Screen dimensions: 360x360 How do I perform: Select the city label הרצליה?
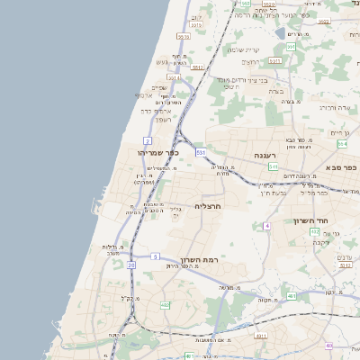click(208, 206)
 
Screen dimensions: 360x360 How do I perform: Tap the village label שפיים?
click(159, 87)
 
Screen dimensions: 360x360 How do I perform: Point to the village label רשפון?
click(162, 120)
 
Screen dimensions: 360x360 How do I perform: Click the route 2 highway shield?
click(147, 140)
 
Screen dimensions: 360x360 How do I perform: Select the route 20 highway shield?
click(131, 265)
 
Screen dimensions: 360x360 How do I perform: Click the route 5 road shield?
click(156, 256)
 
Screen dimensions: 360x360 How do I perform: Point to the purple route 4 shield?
click(266, 226)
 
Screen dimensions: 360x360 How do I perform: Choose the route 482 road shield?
click(165, 306)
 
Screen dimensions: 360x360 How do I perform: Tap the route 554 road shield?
click(342, 143)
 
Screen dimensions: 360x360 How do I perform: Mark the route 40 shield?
click(329, 346)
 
